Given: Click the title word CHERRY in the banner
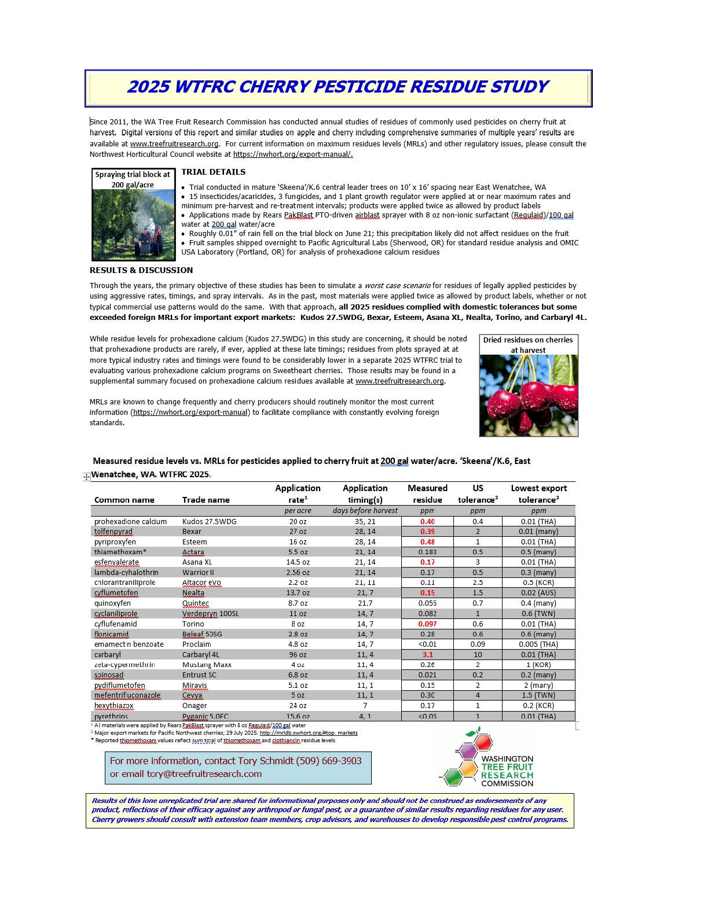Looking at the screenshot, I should pos(274,87).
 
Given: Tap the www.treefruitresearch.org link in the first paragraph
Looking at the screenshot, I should pos(174,144).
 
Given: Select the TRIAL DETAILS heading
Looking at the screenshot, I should pos(213,172).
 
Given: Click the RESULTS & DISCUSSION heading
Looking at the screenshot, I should pos(141,270).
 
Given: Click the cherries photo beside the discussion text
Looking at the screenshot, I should pos(529,396).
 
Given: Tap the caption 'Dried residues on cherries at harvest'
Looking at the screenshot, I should pos(528,345).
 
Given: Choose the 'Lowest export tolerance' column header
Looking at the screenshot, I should pos(538,493).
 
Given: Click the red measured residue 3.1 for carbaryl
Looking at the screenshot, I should pos(428,654).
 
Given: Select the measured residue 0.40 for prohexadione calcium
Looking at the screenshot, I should pos(428,521).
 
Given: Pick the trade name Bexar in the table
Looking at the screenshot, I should pos(192,531).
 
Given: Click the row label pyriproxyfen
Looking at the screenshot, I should pos(115,542).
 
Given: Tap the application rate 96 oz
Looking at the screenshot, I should pos(298,654).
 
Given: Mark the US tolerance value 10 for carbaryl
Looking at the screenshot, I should pos(478,654).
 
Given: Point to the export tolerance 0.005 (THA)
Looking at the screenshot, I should pos(538,644).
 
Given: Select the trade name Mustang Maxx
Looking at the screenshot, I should pos(207,665).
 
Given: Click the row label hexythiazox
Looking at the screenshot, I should pos(114,706).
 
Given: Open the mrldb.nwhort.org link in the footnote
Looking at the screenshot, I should pos(309,733).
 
